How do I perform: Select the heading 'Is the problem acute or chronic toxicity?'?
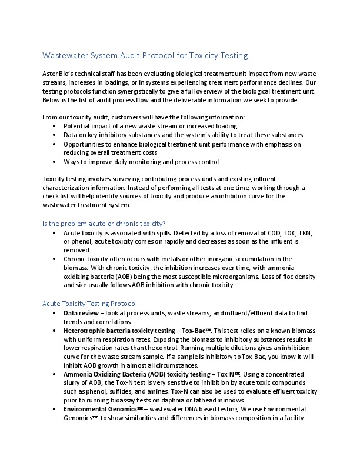(104, 223)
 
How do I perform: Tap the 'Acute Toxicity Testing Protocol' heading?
(90, 304)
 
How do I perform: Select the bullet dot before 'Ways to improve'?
(55, 161)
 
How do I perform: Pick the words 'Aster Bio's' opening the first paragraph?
(59, 74)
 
